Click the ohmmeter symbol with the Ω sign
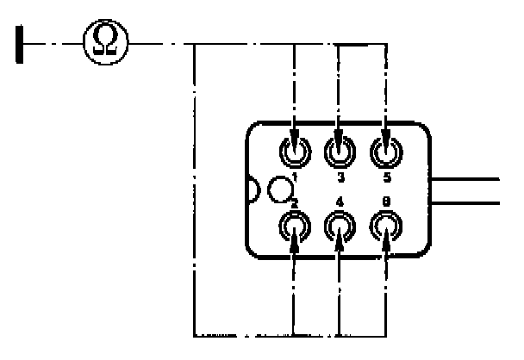[x=106, y=40]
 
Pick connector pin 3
[x=339, y=152]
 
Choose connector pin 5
[x=384, y=152]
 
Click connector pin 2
[x=296, y=227]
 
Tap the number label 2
[x=295, y=203]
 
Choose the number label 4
[x=340, y=203]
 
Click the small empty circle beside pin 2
[x=279, y=186]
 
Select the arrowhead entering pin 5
[x=384, y=139]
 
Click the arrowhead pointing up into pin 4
[x=340, y=240]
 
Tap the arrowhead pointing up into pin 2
[x=296, y=241]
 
